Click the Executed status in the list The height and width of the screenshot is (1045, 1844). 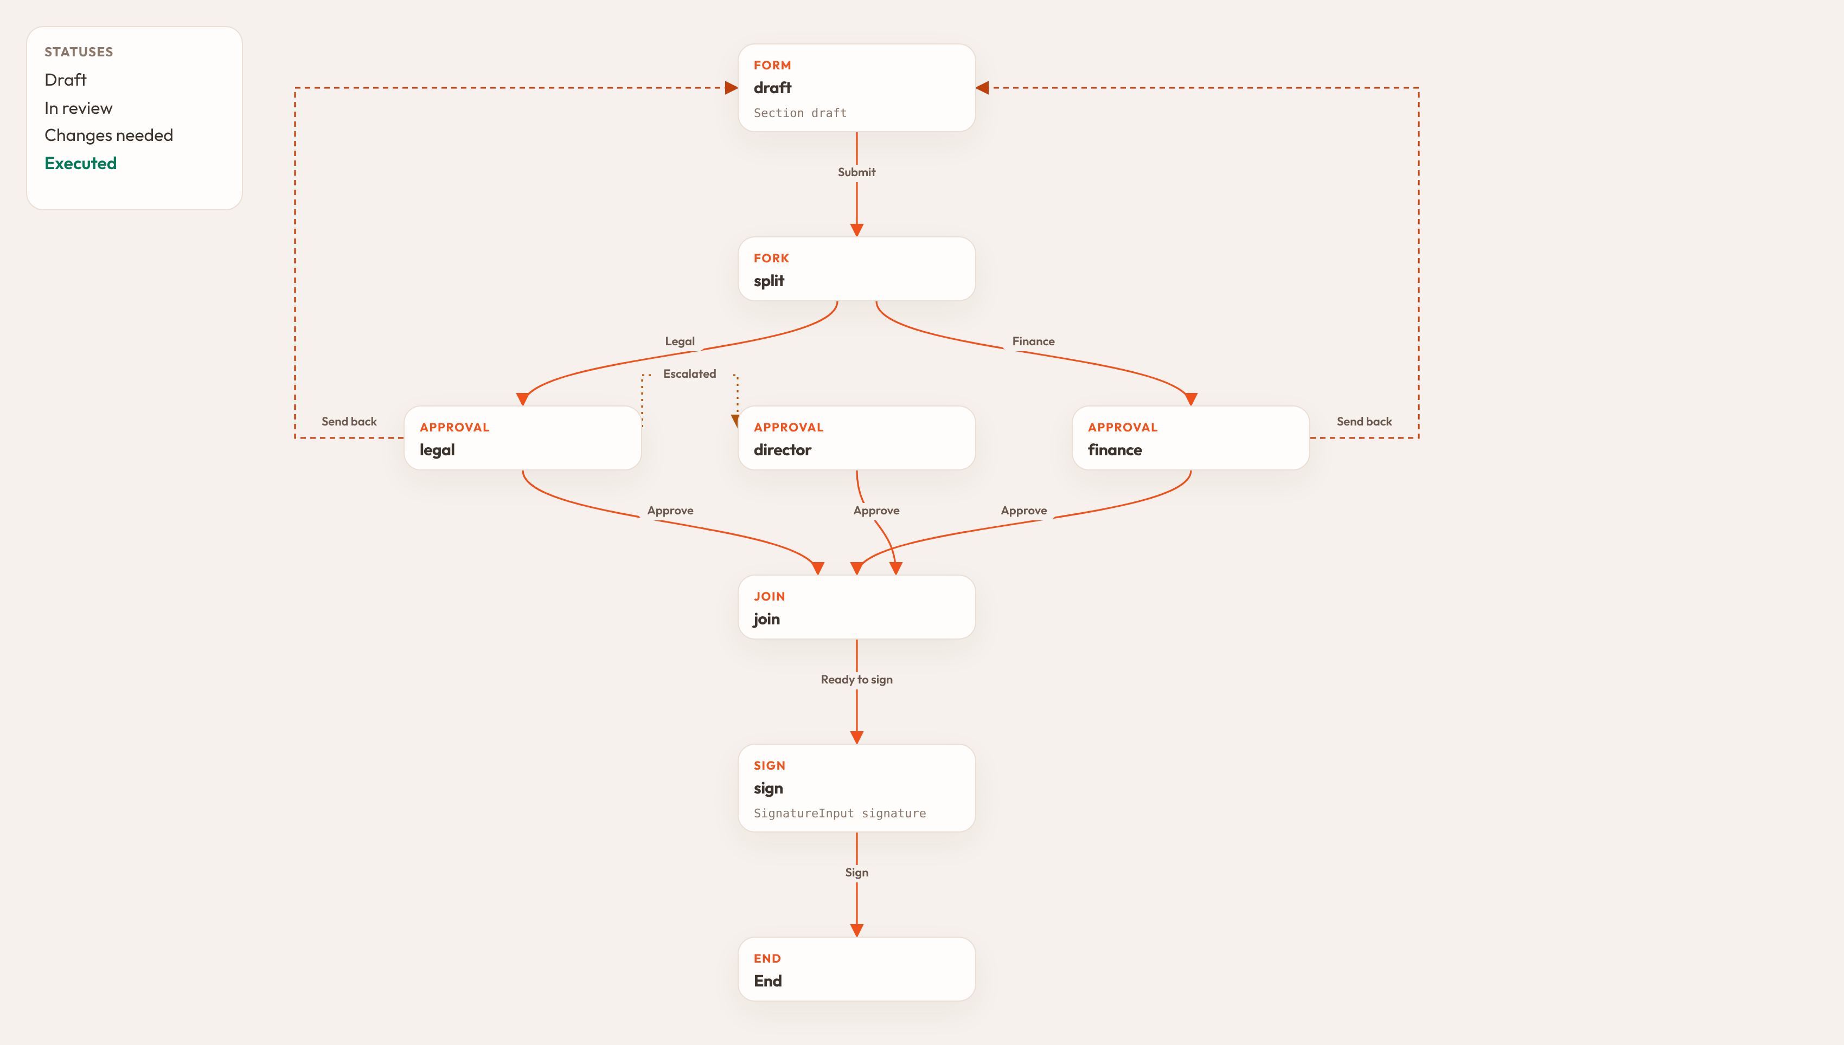80,164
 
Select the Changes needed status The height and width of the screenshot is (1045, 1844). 108,136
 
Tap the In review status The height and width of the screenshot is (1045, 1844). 78,108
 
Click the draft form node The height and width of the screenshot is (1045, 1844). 857,88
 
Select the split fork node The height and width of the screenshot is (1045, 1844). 857,268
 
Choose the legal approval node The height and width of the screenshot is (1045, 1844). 523,438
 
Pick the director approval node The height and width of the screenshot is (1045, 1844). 857,438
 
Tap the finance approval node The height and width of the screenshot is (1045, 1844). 1190,438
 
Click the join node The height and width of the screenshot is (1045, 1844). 857,607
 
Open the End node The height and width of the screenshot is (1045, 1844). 857,969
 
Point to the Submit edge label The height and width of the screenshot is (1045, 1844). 857,172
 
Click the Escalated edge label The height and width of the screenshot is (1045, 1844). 689,374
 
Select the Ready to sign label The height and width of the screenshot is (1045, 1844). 857,680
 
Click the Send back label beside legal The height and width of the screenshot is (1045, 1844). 349,421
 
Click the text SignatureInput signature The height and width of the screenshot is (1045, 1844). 840,813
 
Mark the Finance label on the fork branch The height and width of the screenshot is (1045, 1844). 1033,341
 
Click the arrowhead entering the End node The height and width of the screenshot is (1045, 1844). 857,930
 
